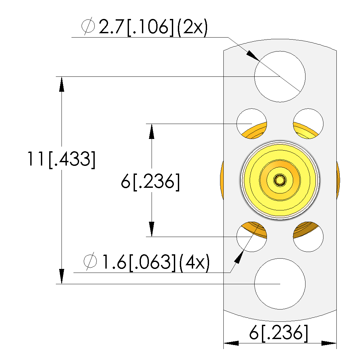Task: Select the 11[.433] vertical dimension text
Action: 61,159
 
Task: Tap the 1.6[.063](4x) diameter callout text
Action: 147,262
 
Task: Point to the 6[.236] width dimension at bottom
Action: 279,333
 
